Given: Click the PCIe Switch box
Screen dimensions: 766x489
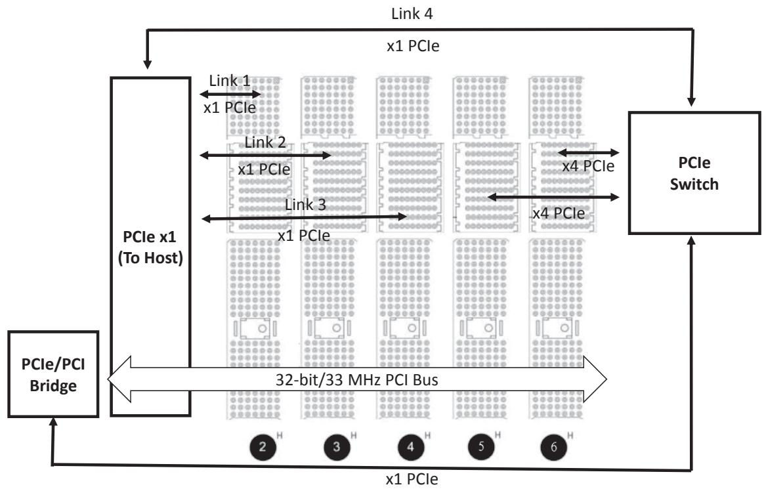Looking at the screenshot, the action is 694,173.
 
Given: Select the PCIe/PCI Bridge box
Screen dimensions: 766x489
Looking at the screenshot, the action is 53,374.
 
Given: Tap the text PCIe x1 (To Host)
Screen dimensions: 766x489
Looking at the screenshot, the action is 150,247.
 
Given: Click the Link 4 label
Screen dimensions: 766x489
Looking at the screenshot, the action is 412,14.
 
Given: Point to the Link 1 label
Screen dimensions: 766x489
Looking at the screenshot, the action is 230,81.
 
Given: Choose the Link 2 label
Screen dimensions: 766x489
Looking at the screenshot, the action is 265,142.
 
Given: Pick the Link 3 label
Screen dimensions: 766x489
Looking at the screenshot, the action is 305,205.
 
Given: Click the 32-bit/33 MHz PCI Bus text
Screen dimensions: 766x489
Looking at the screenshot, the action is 356,379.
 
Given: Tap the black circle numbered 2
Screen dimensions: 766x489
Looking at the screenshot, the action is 263,446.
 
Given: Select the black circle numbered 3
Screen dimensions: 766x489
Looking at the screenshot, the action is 337,446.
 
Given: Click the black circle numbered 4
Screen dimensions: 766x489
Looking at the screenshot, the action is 411,446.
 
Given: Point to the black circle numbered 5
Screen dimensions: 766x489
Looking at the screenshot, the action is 481,446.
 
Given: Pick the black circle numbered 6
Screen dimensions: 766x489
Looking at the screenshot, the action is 554,446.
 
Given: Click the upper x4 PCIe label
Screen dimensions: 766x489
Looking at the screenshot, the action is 588,166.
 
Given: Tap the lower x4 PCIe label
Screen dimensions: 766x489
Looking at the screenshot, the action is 559,213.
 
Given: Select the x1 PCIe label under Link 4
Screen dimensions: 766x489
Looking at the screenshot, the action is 414,46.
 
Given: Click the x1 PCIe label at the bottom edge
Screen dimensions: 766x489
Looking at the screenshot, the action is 412,479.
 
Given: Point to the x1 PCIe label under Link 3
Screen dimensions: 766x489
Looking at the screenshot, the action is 304,236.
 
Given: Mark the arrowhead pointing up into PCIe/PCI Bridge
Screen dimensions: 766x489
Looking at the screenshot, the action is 53,423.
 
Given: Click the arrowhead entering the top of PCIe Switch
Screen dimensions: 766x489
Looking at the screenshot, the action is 692,101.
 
